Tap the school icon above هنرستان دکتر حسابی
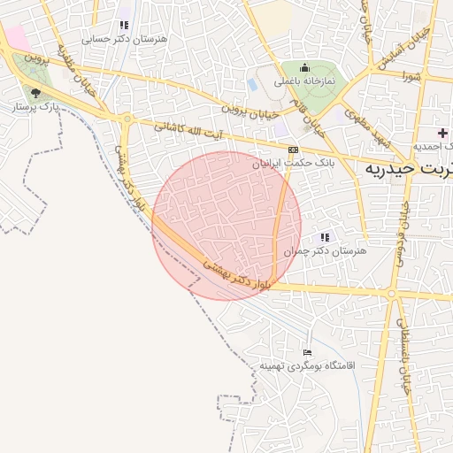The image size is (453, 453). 124,25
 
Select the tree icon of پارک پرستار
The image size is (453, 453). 36,92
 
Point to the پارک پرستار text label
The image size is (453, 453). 37,106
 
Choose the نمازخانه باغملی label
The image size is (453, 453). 303,81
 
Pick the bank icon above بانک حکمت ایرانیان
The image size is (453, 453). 292,150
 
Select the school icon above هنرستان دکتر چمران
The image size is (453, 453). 325,237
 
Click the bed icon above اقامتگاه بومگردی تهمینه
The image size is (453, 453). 307,352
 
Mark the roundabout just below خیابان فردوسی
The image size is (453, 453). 390,293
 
